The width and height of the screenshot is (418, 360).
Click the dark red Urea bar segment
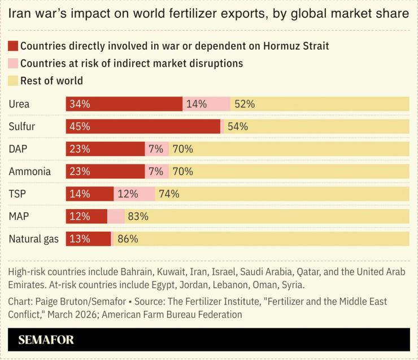124,104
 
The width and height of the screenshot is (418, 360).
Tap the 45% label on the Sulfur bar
80,127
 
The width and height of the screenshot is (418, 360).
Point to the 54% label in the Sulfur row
238,127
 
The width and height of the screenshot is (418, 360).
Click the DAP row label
19,149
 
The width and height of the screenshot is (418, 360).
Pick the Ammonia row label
29,171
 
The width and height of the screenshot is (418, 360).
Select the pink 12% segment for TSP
134,194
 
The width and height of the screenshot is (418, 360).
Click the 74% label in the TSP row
169,194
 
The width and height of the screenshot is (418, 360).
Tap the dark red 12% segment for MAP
86,216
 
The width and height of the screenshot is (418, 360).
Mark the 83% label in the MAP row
138,216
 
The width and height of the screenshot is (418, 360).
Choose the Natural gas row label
34,239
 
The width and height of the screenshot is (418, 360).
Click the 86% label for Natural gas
128,239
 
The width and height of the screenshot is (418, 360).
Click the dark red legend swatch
13,46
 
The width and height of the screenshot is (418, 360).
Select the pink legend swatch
13,63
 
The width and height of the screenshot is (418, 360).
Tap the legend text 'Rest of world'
51,81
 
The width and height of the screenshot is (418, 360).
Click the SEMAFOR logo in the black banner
46,340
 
